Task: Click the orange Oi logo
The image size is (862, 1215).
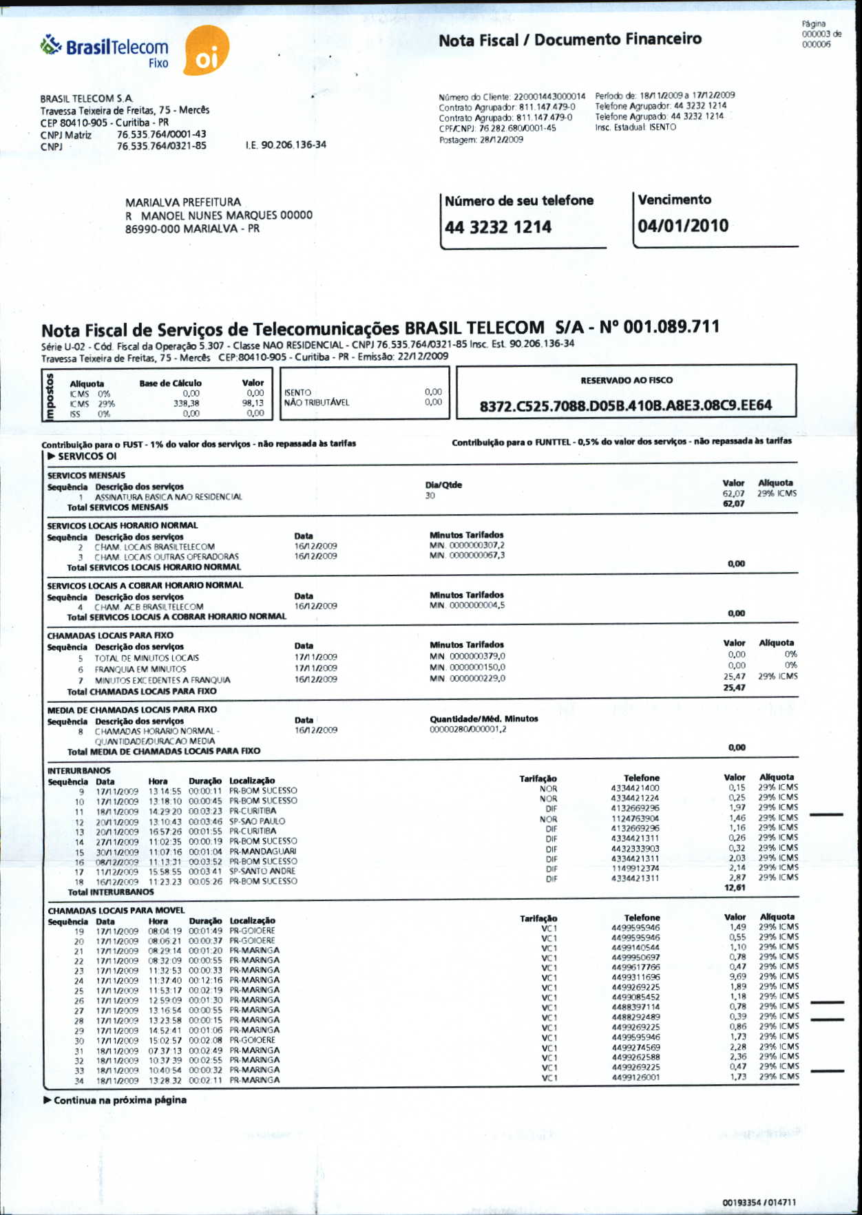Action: click(x=207, y=52)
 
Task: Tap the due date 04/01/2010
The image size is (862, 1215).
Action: click(x=682, y=226)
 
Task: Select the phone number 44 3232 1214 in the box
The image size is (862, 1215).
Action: click(x=498, y=227)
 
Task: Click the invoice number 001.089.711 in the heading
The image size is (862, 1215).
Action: click(x=671, y=327)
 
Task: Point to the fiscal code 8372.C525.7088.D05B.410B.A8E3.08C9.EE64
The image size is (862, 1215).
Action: click(x=625, y=405)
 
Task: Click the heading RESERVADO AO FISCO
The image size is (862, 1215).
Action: click(x=627, y=380)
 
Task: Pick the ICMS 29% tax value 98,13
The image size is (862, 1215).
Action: click(x=253, y=403)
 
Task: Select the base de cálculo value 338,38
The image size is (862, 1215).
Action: click(x=186, y=403)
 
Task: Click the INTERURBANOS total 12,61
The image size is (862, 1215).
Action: click(x=735, y=888)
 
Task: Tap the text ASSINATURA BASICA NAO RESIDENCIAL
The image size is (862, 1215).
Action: click(x=168, y=497)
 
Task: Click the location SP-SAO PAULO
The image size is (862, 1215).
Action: click(x=257, y=821)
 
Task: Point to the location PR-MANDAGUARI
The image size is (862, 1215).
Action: click(x=262, y=852)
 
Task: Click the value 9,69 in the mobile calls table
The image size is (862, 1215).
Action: click(x=737, y=977)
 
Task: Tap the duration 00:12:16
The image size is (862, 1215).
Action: click(x=205, y=980)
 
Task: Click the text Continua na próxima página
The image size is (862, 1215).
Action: click(x=119, y=1100)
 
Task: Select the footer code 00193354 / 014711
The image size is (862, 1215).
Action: click(x=759, y=1203)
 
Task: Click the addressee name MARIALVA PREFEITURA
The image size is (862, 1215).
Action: click(x=183, y=202)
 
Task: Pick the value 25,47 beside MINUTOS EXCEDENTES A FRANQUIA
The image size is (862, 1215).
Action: click(x=735, y=677)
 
